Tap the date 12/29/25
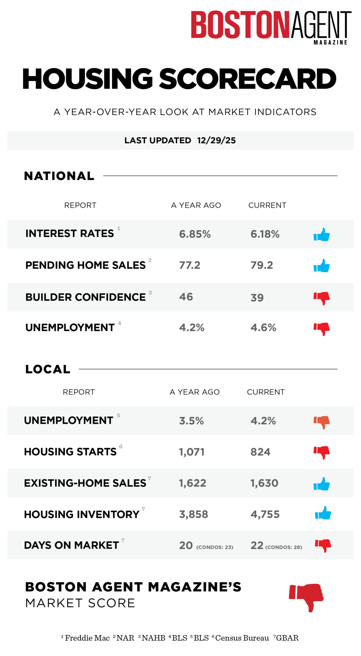(x=216, y=140)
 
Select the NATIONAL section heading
(x=59, y=176)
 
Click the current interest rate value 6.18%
(x=265, y=234)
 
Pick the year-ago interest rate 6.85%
(x=195, y=234)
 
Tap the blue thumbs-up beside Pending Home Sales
(x=322, y=266)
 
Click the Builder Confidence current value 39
(x=257, y=298)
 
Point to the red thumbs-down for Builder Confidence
(x=322, y=298)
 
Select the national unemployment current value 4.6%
(x=263, y=328)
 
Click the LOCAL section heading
(x=48, y=369)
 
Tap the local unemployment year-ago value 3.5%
(x=191, y=421)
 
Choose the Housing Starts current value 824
(x=261, y=452)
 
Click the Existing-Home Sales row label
(x=85, y=483)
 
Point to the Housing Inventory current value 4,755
(x=265, y=514)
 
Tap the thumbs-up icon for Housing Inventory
(x=323, y=513)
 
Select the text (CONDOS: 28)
(x=284, y=547)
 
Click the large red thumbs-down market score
(x=306, y=597)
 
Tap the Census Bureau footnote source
(x=242, y=638)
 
